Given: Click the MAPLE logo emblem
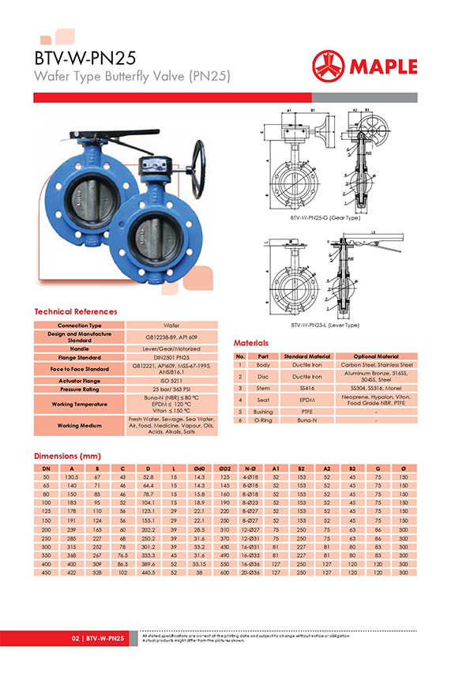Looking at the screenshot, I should click(x=331, y=66).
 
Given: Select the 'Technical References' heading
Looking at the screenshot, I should click(x=75, y=312).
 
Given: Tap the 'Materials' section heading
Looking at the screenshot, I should click(x=251, y=344).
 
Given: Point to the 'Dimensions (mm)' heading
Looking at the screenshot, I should click(x=66, y=457).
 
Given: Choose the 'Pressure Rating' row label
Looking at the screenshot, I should click(x=79, y=390).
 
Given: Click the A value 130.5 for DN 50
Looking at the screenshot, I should click(x=72, y=478).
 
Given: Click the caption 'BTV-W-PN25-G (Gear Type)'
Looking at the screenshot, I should click(x=325, y=216).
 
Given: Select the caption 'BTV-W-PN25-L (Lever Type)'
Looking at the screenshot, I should click(x=325, y=325).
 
